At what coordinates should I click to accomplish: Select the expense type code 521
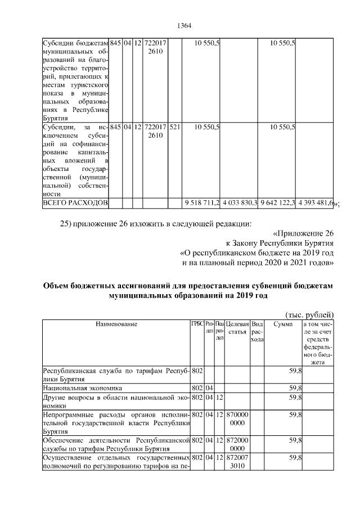point(174,128)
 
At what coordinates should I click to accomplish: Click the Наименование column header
point(116,324)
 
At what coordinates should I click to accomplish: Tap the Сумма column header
point(282,324)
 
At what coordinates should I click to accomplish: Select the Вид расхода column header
point(257,332)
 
